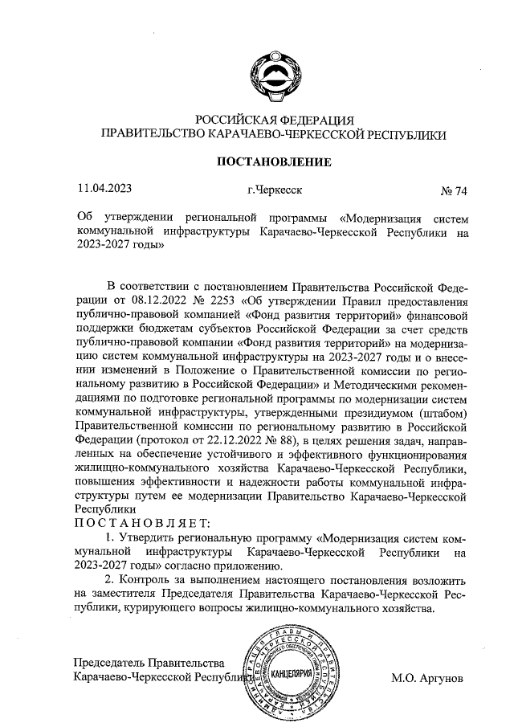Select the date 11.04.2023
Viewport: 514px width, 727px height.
[x=104, y=190]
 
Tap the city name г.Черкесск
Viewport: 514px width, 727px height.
[x=274, y=191]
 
